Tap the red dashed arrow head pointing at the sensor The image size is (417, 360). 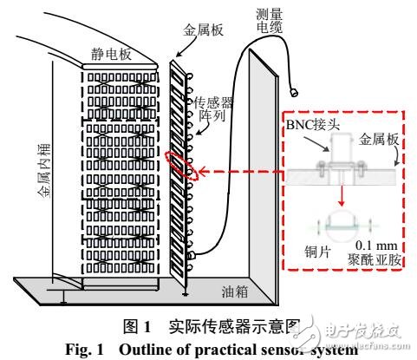tap(199, 172)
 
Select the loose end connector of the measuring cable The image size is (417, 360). tap(292, 91)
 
